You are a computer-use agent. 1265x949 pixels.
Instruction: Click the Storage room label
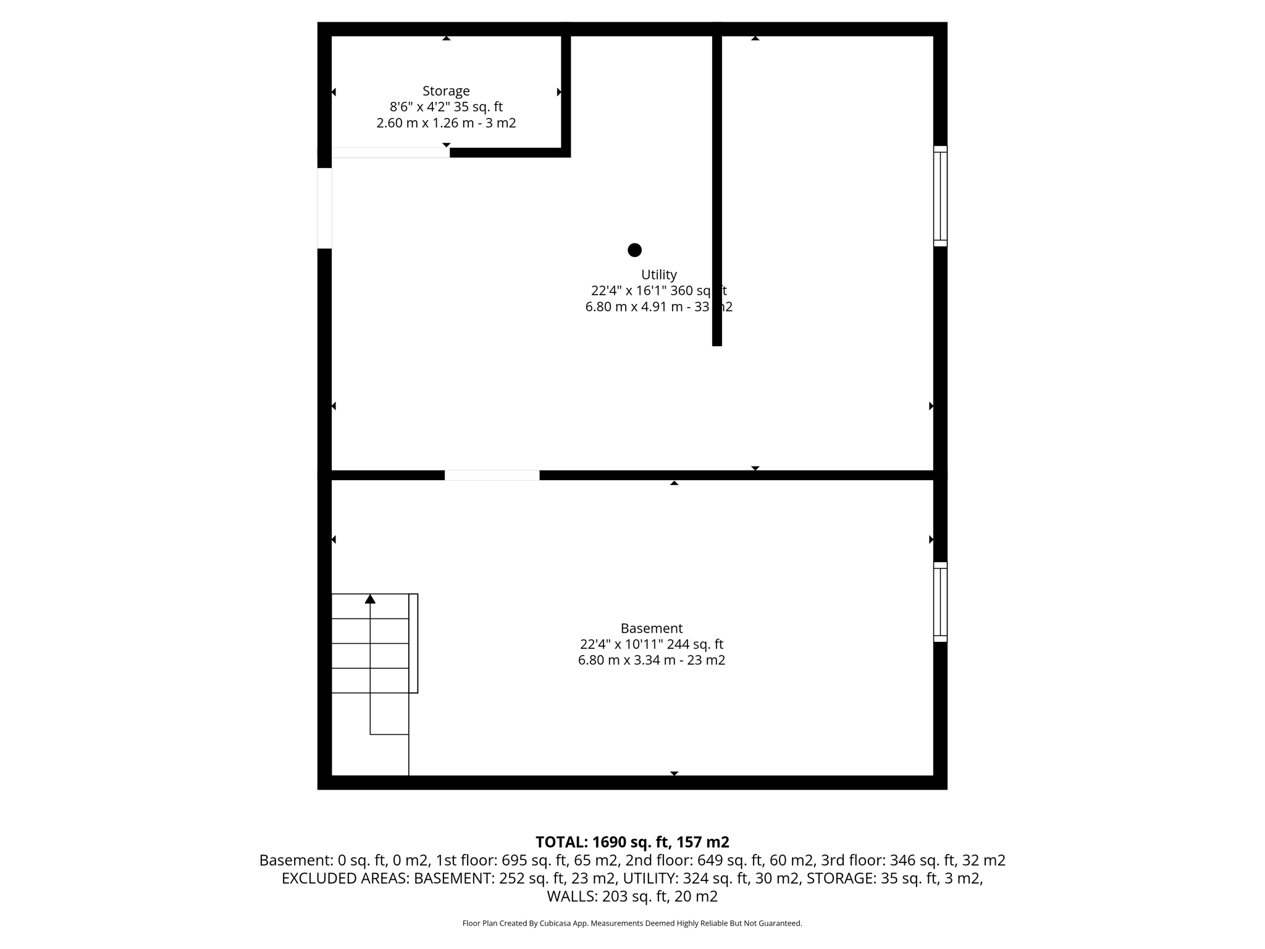[x=446, y=91]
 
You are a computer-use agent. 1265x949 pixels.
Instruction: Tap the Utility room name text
[x=658, y=274]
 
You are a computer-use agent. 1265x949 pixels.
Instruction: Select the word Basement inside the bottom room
[x=651, y=628]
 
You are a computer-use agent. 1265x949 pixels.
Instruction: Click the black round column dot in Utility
[x=634, y=250]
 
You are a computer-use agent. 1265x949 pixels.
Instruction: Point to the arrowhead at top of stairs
[x=370, y=599]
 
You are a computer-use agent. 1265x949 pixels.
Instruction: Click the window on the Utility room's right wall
[x=939, y=196]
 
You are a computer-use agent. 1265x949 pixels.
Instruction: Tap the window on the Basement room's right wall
[x=939, y=602]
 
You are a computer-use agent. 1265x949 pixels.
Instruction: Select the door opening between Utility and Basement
[x=492, y=475]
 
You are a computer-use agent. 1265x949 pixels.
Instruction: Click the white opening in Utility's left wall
[x=324, y=208]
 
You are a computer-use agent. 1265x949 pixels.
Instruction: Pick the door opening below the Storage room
[x=390, y=153]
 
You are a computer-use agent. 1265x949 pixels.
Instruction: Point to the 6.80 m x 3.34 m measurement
[x=651, y=660]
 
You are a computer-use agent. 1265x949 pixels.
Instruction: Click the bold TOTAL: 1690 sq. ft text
[x=632, y=842]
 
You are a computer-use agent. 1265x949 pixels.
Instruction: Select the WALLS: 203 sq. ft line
[x=632, y=896]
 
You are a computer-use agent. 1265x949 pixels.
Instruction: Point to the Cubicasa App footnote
[x=632, y=924]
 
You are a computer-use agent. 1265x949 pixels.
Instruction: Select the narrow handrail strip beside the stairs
[x=413, y=643]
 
